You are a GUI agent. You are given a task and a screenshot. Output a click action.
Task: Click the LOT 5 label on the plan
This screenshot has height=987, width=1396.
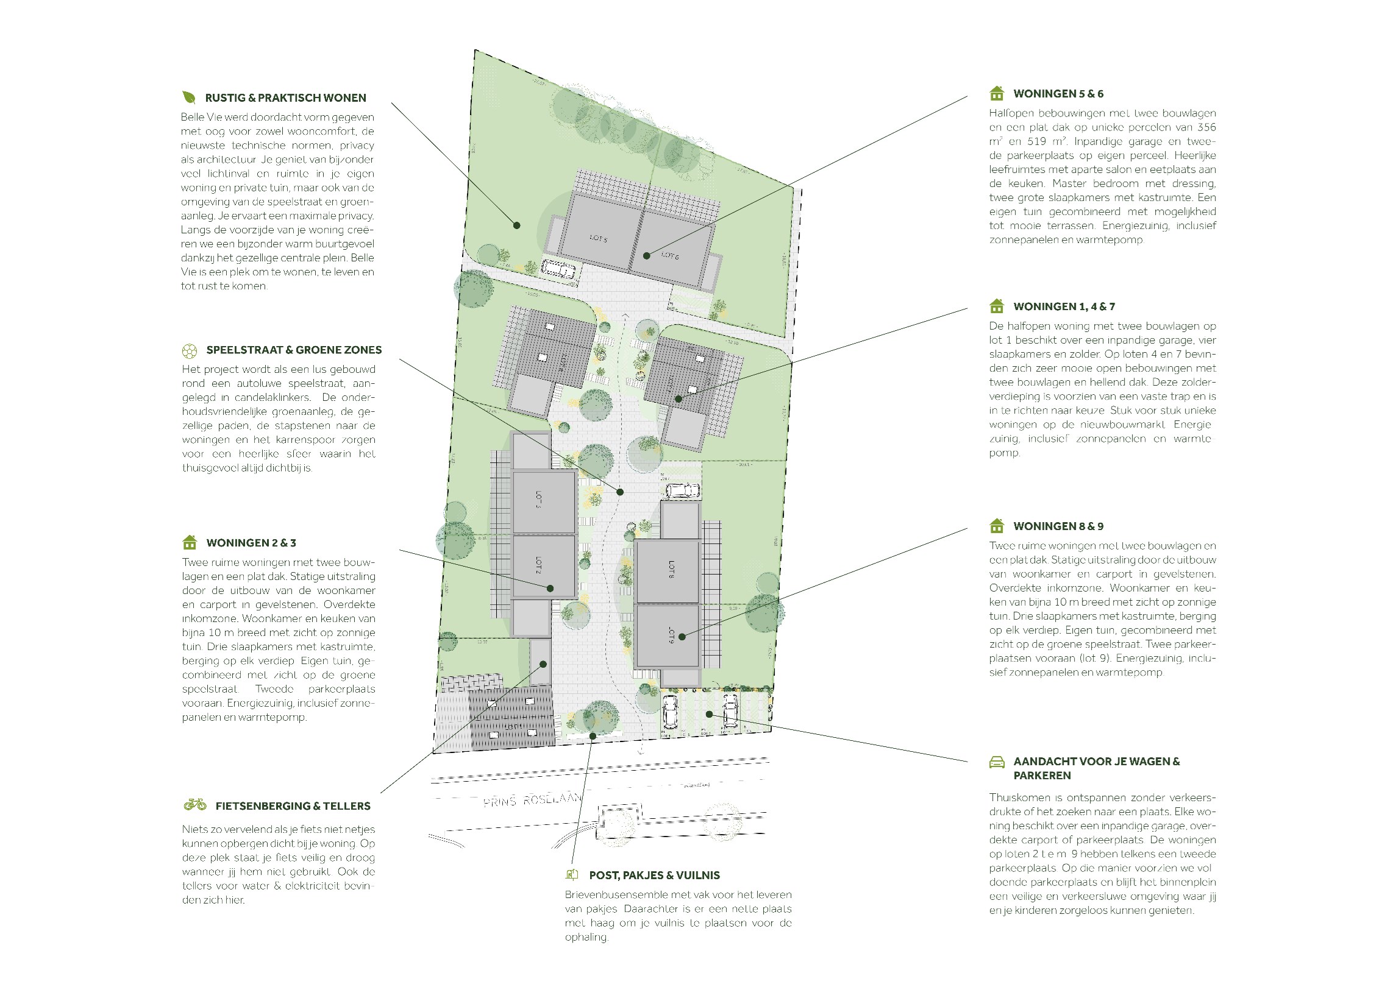pyautogui.click(x=598, y=239)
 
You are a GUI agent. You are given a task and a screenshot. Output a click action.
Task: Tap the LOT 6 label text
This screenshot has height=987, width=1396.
pyautogui.click(x=670, y=255)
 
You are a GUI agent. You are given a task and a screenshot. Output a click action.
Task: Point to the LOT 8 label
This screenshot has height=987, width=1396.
pyautogui.click(x=671, y=569)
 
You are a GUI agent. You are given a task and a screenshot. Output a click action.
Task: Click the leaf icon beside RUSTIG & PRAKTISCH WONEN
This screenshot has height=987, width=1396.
pyautogui.click(x=189, y=97)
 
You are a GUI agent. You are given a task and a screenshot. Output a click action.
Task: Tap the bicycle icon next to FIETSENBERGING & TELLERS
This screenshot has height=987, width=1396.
pyautogui.click(x=194, y=805)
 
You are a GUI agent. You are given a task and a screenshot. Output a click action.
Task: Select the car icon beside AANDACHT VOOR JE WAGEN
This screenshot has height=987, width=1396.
pyautogui.click(x=996, y=762)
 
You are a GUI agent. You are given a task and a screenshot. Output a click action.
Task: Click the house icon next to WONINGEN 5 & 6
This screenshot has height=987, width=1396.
pyautogui.click(x=997, y=93)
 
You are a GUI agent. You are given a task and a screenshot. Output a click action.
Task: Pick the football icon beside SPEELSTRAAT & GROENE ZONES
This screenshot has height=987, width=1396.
pyautogui.click(x=190, y=350)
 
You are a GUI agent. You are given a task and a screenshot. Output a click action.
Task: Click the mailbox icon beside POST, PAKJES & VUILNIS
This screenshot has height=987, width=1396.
pyautogui.click(x=571, y=875)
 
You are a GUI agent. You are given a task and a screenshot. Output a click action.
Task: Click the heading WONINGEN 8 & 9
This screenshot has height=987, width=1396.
pyautogui.click(x=1058, y=526)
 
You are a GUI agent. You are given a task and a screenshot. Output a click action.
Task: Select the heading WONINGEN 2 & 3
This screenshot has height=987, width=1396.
pyautogui.click(x=251, y=543)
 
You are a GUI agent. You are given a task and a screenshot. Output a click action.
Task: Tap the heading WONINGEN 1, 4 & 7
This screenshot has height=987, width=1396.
pyautogui.click(x=1064, y=306)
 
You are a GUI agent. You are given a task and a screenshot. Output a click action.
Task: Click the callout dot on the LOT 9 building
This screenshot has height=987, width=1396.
pyautogui.click(x=682, y=637)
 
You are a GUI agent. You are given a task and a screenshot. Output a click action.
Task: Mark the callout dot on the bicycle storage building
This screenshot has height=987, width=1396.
pyautogui.click(x=543, y=664)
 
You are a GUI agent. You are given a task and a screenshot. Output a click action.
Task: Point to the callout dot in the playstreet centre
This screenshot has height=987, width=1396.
pyautogui.click(x=621, y=491)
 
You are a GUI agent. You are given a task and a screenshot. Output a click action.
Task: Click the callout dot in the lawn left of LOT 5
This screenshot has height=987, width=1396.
pyautogui.click(x=517, y=225)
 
